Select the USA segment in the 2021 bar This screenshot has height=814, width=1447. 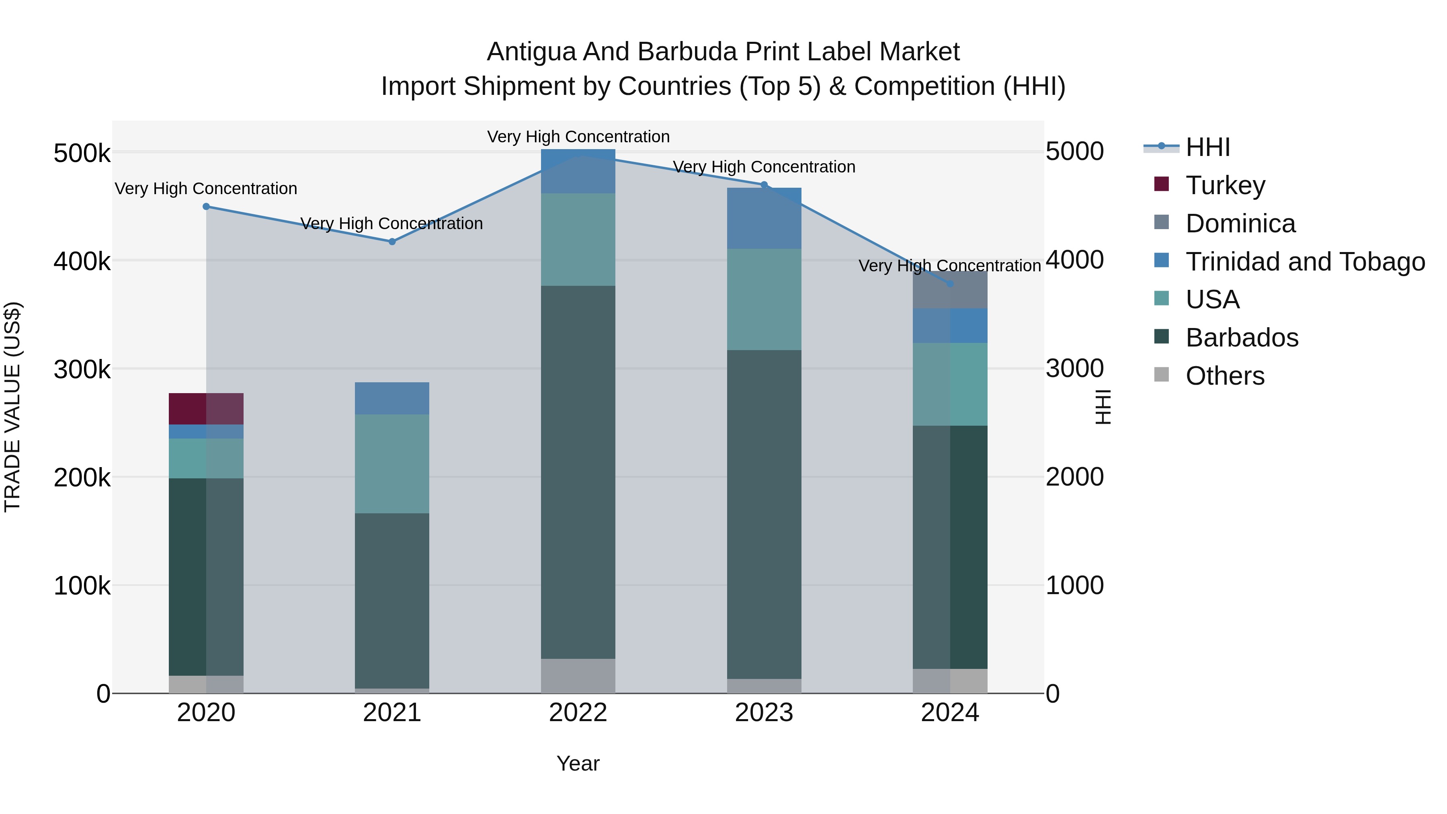[x=391, y=463]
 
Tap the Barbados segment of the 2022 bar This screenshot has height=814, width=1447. [x=578, y=472]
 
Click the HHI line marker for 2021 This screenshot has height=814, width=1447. [x=392, y=242]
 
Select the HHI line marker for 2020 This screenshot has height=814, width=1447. [x=206, y=207]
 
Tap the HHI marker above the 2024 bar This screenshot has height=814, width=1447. [x=950, y=284]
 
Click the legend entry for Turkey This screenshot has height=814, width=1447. [x=1225, y=185]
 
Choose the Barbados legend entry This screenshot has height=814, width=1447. [x=1242, y=338]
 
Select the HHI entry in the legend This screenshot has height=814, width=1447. [x=1208, y=147]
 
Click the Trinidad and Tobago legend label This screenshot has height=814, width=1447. [x=1305, y=261]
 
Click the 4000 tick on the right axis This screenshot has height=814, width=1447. [x=1074, y=260]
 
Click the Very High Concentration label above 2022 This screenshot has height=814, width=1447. [x=578, y=137]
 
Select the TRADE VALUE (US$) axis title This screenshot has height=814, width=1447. [x=12, y=407]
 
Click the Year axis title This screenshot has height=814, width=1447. [x=578, y=763]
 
